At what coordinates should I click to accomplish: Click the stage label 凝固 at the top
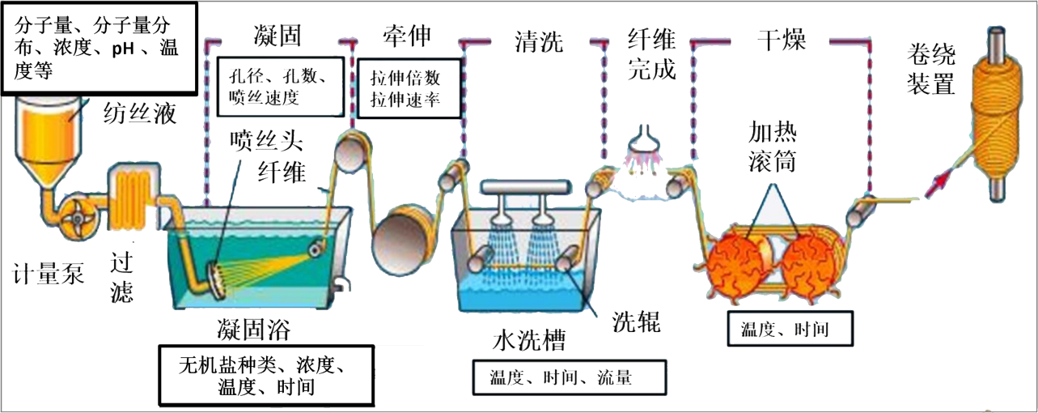[x=278, y=35]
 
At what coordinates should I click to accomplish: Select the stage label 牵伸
[x=407, y=35]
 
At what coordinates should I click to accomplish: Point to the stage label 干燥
[x=782, y=40]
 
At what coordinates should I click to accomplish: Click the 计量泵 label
[x=49, y=274]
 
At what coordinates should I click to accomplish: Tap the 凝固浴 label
[x=253, y=330]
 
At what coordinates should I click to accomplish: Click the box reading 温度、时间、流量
[x=567, y=377]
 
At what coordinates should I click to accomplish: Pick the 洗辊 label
[x=635, y=321]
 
